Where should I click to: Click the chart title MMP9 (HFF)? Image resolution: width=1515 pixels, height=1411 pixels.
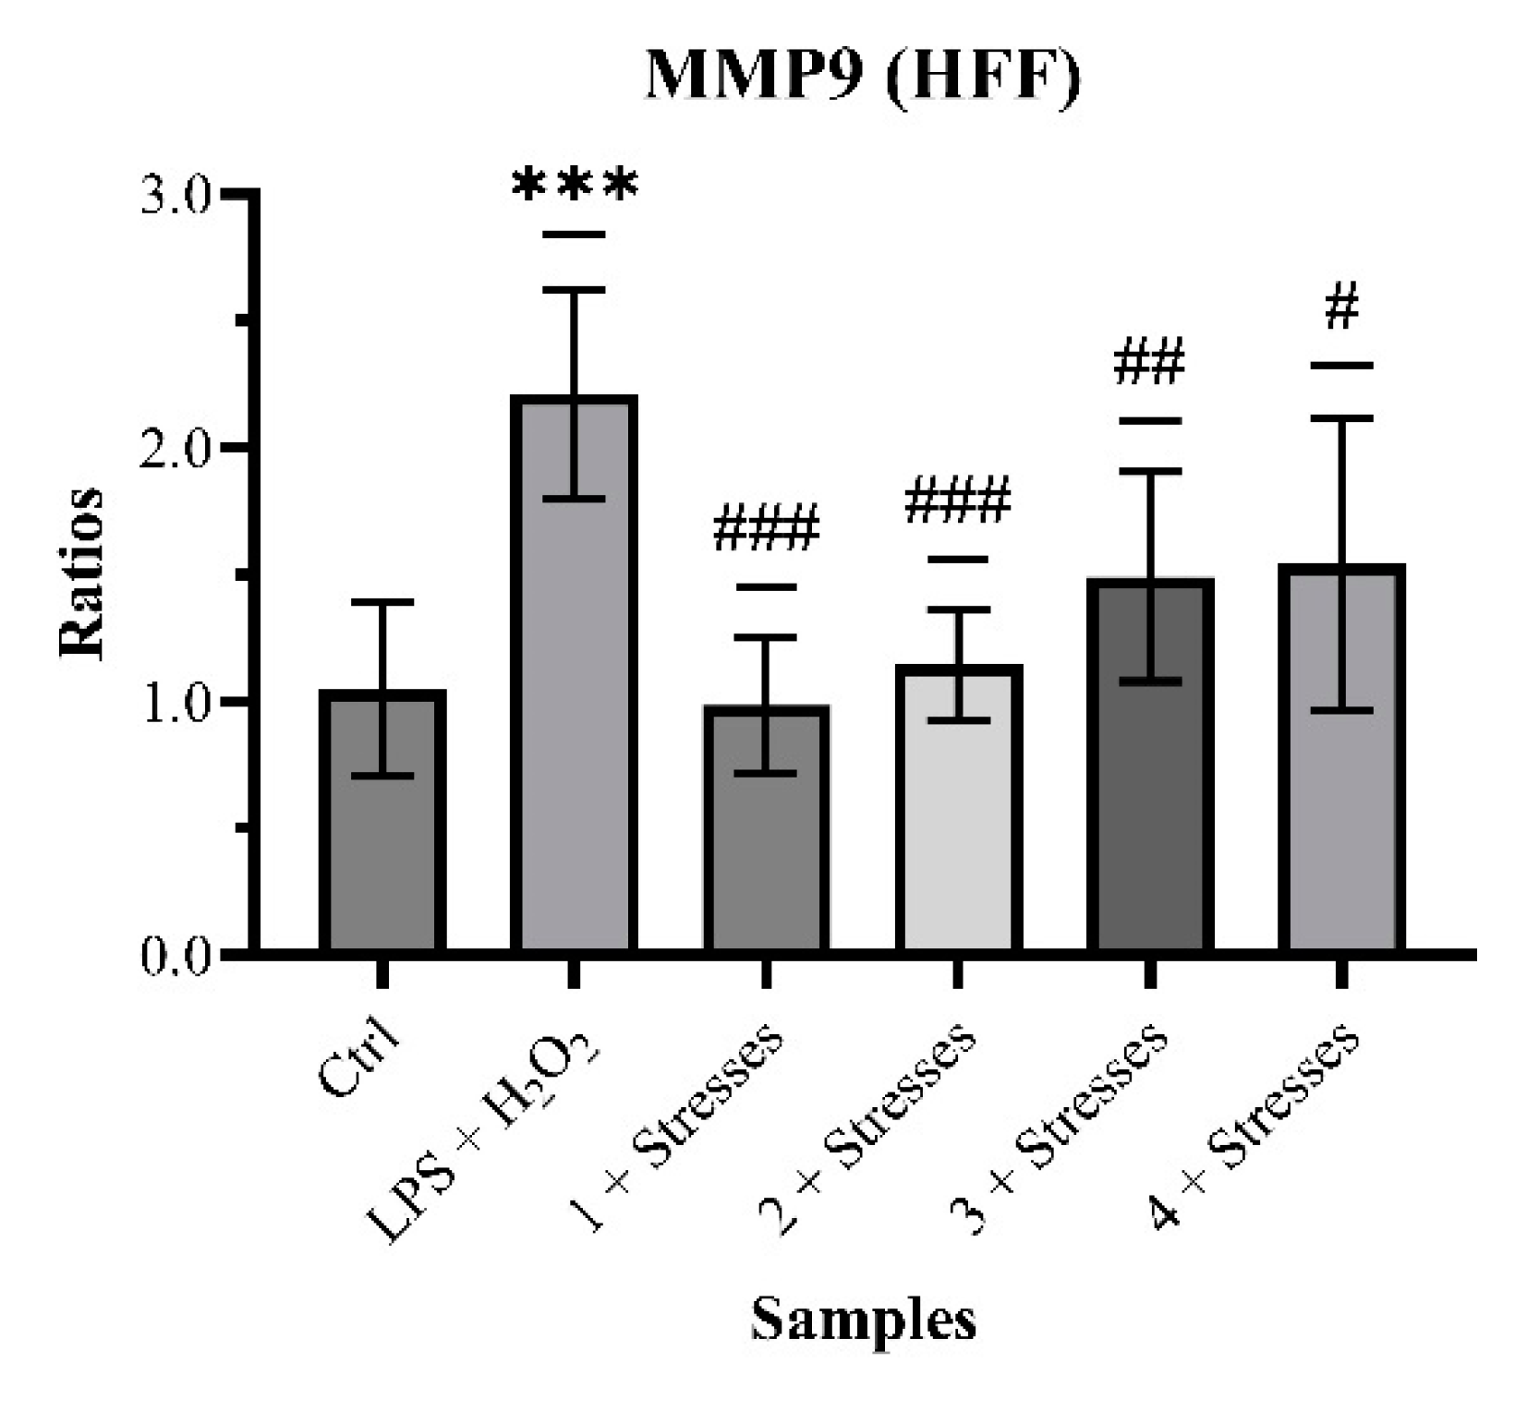click(862, 76)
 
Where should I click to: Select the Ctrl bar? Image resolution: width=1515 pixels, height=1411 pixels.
click(382, 831)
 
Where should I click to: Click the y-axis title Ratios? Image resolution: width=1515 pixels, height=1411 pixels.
click(81, 573)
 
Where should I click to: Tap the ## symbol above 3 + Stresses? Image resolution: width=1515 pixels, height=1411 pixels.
click(1149, 362)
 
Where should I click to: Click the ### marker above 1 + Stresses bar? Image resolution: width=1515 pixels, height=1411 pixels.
click(766, 528)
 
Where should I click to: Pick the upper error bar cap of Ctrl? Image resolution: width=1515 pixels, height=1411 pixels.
click(382, 602)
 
